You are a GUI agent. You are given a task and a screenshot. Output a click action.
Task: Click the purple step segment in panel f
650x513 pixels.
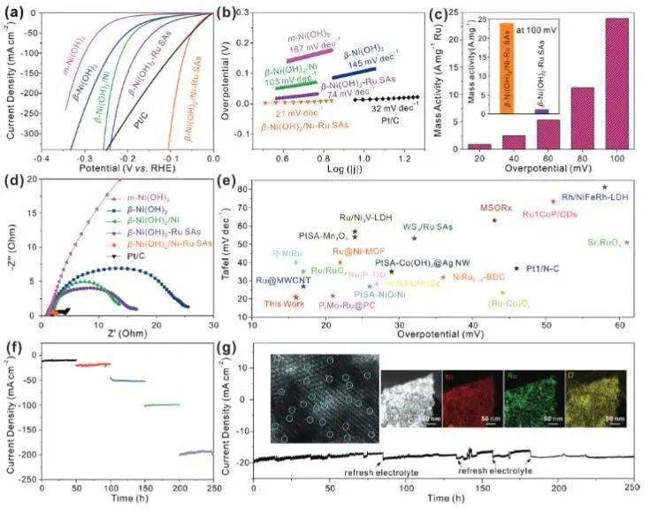point(195,452)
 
